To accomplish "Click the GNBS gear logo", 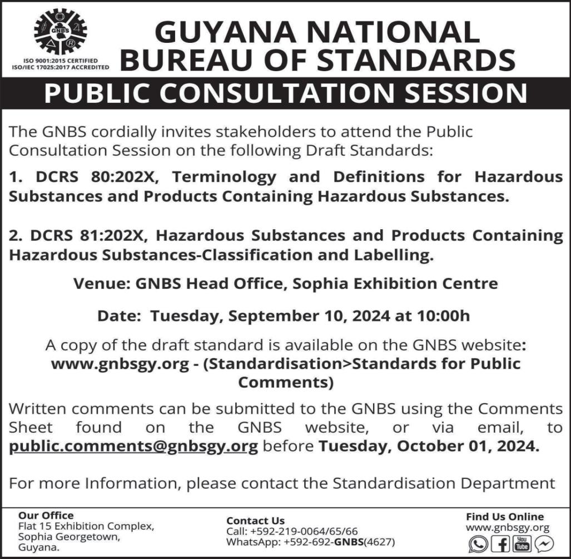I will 60,31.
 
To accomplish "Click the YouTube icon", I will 522,543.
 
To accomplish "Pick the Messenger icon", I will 544,543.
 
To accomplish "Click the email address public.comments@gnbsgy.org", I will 133,447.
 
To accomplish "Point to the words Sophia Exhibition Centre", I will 395,284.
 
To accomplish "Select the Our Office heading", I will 46,516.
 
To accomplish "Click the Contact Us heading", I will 255,521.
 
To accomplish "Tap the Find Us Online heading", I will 505,517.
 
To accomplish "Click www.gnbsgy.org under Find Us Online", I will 507,528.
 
